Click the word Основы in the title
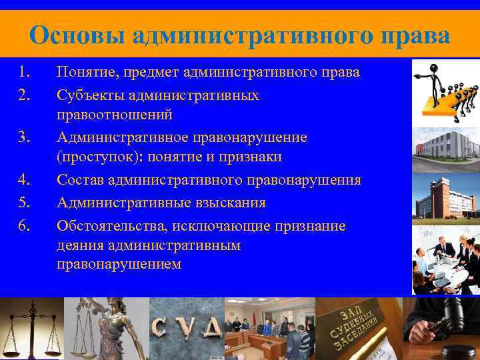tap(76, 35)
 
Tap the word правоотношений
tap(115, 115)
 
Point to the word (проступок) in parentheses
tap(95, 157)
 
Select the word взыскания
tap(227, 203)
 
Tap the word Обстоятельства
tap(113, 226)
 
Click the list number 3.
tap(25, 137)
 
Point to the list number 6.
tap(25, 226)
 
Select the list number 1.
tap(25, 72)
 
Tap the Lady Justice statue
tap(110, 327)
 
